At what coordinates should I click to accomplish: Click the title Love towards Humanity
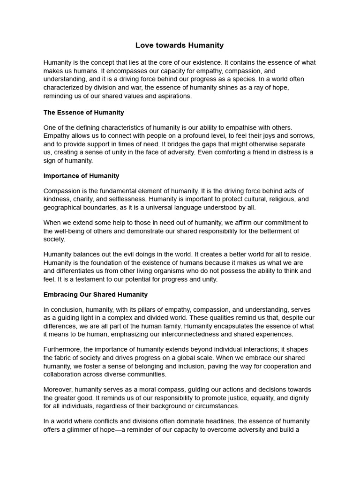[x=180, y=45]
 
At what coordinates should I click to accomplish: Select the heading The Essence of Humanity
[x=83, y=112]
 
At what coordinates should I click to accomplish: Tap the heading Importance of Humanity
[x=81, y=176]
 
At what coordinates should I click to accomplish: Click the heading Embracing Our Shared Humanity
[x=95, y=294]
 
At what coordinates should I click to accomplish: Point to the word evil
[x=135, y=254]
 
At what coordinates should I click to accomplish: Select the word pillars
[x=139, y=309]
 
